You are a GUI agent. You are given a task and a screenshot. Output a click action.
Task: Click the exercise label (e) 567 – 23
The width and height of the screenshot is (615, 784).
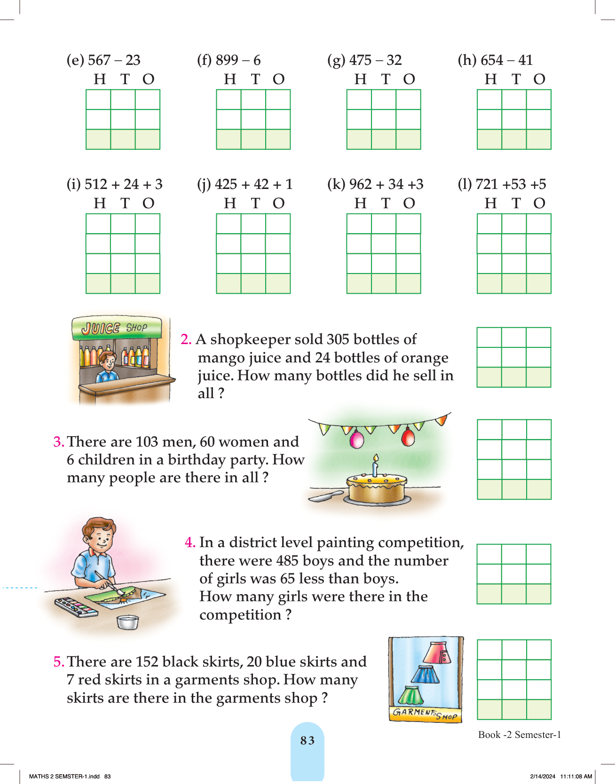point(103,60)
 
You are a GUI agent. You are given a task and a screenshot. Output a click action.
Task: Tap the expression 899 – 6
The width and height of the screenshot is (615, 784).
point(238,60)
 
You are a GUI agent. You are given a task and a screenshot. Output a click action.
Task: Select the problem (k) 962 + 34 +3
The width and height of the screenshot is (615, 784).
point(375,184)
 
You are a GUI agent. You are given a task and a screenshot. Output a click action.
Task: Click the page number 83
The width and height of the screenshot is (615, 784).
point(307,741)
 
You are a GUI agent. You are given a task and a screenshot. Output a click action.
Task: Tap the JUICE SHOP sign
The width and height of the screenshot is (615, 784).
point(116,328)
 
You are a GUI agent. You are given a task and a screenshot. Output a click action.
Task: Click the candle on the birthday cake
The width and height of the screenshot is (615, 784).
point(375,466)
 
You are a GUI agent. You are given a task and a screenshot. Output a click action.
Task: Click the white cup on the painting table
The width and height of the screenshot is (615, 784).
point(127,622)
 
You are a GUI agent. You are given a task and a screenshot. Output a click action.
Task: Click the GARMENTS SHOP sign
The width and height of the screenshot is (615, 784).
point(425,714)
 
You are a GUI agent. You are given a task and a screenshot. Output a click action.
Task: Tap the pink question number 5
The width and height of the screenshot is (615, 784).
point(59,662)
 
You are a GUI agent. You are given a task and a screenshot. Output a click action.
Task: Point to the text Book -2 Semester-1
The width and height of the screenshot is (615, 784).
point(520,735)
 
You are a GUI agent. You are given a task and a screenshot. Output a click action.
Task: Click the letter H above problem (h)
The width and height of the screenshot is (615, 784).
point(491,79)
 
